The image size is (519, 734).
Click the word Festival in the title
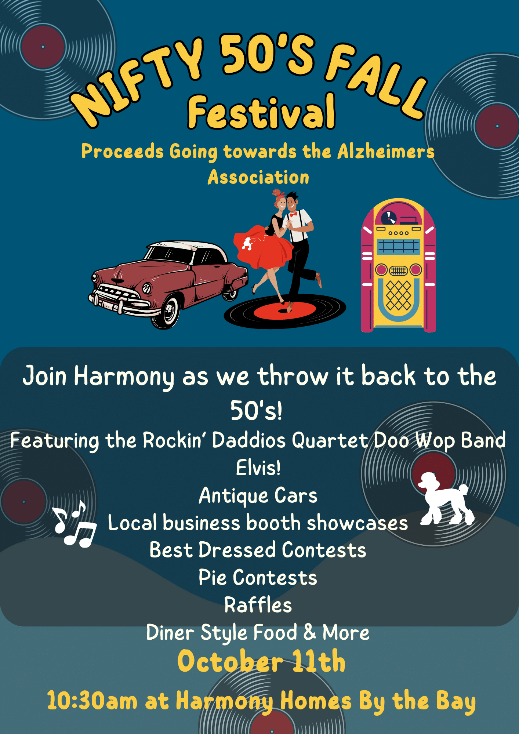261,111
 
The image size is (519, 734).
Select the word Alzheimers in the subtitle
386,151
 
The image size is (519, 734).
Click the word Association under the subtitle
258,177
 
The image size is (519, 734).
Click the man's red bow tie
293,214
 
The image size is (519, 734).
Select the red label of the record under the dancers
285,310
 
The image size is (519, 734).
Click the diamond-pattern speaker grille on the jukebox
398,295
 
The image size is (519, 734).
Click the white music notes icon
74,524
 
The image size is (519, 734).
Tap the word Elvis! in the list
258,468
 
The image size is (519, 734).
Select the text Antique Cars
258,496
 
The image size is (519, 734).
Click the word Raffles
258,605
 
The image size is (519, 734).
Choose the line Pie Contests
258,577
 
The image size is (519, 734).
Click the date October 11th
261,661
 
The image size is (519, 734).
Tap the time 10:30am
92,700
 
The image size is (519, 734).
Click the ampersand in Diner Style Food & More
309,632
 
